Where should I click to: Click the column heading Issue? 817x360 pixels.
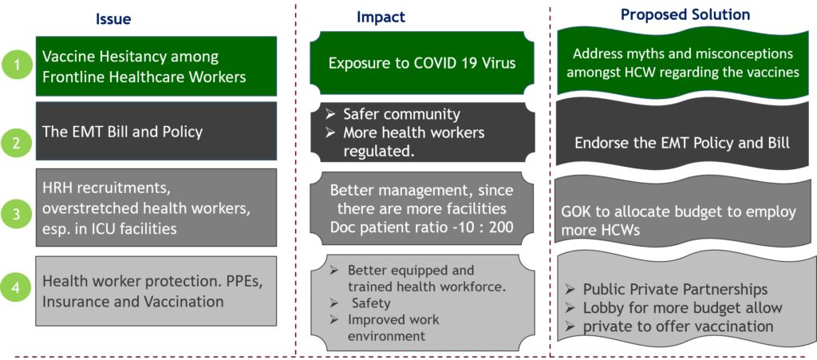[113, 18]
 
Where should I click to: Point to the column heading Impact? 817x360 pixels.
[381, 18]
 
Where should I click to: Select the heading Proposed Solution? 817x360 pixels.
[685, 15]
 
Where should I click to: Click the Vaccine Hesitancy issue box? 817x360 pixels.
[157, 67]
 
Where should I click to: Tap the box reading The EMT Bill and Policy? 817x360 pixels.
[157, 132]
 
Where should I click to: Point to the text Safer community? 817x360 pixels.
[401, 114]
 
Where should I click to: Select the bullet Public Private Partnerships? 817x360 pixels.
[675, 289]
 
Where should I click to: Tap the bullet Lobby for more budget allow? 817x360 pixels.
[682, 307]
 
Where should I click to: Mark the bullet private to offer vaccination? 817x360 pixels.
[678, 326]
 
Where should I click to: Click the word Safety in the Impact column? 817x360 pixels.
[371, 303]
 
